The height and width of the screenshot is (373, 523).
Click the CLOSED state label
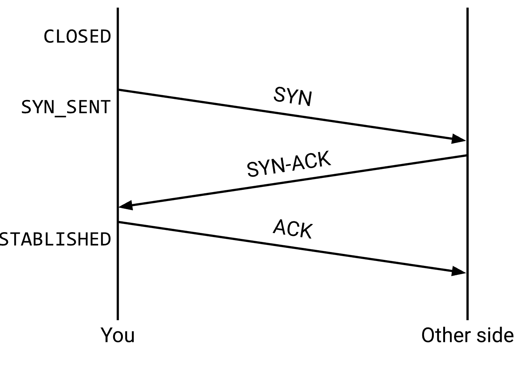(x=77, y=37)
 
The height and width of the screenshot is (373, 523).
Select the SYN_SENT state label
(x=66, y=107)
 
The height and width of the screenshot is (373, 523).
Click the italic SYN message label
(x=293, y=96)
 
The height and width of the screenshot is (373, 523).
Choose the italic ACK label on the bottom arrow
(x=293, y=228)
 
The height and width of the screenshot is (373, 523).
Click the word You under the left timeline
(x=118, y=335)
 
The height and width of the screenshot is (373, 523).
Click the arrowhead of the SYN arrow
(x=459, y=139)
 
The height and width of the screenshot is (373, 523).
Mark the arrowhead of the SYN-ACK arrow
(x=125, y=205)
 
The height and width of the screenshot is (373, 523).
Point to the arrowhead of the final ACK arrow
(x=459, y=272)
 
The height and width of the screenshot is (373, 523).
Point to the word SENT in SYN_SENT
(x=88, y=107)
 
